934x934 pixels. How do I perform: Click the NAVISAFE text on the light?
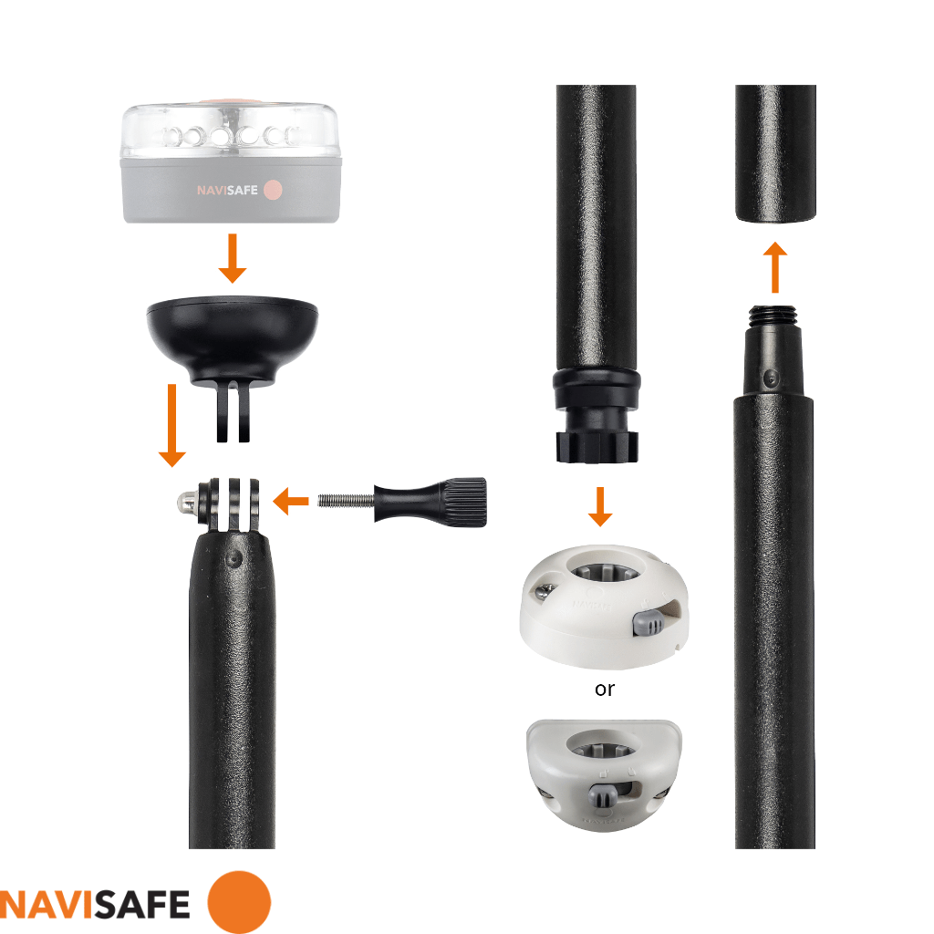click(x=228, y=191)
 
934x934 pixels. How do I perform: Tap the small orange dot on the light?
click(x=273, y=191)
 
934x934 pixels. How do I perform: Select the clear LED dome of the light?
click(x=230, y=133)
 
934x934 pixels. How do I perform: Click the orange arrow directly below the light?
click(x=233, y=258)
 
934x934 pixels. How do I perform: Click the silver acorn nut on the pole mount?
click(x=185, y=501)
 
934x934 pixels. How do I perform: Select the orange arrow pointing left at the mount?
click(x=292, y=500)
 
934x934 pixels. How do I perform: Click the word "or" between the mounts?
click(x=604, y=690)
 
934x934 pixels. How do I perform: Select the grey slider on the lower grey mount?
click(x=603, y=794)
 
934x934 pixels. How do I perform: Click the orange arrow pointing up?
click(x=774, y=266)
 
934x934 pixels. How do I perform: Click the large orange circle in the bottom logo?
click(x=239, y=902)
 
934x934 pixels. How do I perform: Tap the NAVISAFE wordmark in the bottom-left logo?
click(x=95, y=903)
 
